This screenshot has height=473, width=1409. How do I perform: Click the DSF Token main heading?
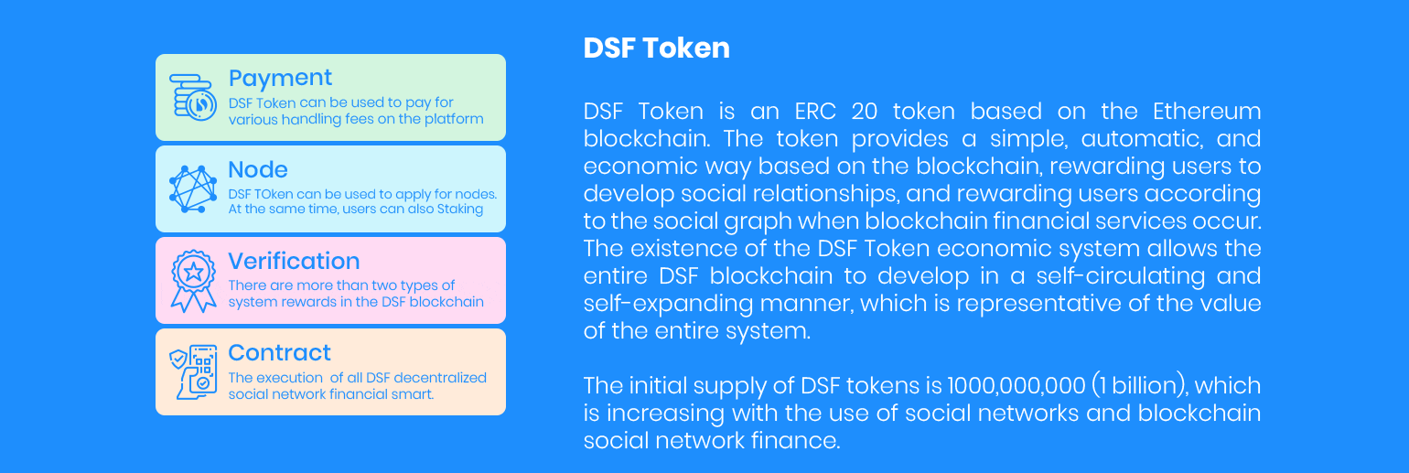click(x=656, y=48)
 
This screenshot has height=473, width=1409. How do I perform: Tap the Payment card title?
click(x=280, y=79)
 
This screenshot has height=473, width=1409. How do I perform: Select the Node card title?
click(x=258, y=170)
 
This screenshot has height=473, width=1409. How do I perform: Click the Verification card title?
click(x=294, y=261)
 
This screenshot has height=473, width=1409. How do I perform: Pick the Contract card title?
click(x=279, y=353)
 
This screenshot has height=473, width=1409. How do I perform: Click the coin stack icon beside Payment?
click(x=192, y=98)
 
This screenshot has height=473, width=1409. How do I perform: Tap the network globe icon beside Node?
click(x=192, y=188)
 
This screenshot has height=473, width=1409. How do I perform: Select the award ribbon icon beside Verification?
click(x=193, y=281)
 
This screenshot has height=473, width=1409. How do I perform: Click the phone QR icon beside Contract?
click(x=193, y=371)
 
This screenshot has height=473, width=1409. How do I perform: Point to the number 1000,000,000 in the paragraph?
click(x=1016, y=385)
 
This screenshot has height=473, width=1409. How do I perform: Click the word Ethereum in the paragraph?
click(x=1207, y=112)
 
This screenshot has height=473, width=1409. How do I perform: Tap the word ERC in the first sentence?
click(x=815, y=112)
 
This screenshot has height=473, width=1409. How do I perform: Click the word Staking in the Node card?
click(x=460, y=210)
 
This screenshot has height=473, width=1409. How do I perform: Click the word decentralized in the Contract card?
click(x=440, y=378)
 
